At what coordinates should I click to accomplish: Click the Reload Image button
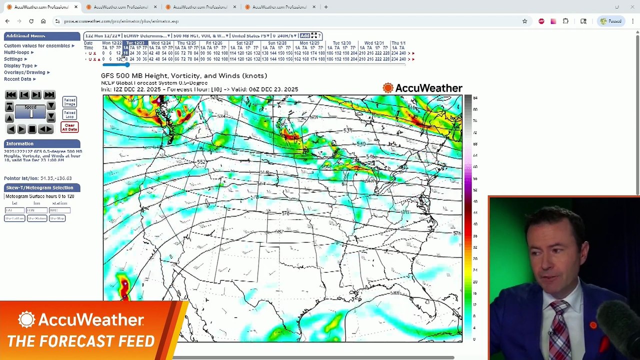[69, 101]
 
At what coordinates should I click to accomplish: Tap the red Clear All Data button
[69, 127]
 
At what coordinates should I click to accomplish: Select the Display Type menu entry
[18, 65]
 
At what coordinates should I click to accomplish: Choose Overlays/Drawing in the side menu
[25, 72]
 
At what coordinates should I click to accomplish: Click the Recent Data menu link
[17, 79]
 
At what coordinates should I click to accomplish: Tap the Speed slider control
[30, 114]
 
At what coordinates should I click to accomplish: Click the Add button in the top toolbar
[304, 35]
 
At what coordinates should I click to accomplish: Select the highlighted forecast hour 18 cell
[125, 53]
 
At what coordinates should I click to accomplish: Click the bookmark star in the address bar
[524, 21]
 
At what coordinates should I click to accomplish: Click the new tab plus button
[326, 7]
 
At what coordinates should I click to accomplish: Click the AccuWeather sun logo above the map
[388, 88]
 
